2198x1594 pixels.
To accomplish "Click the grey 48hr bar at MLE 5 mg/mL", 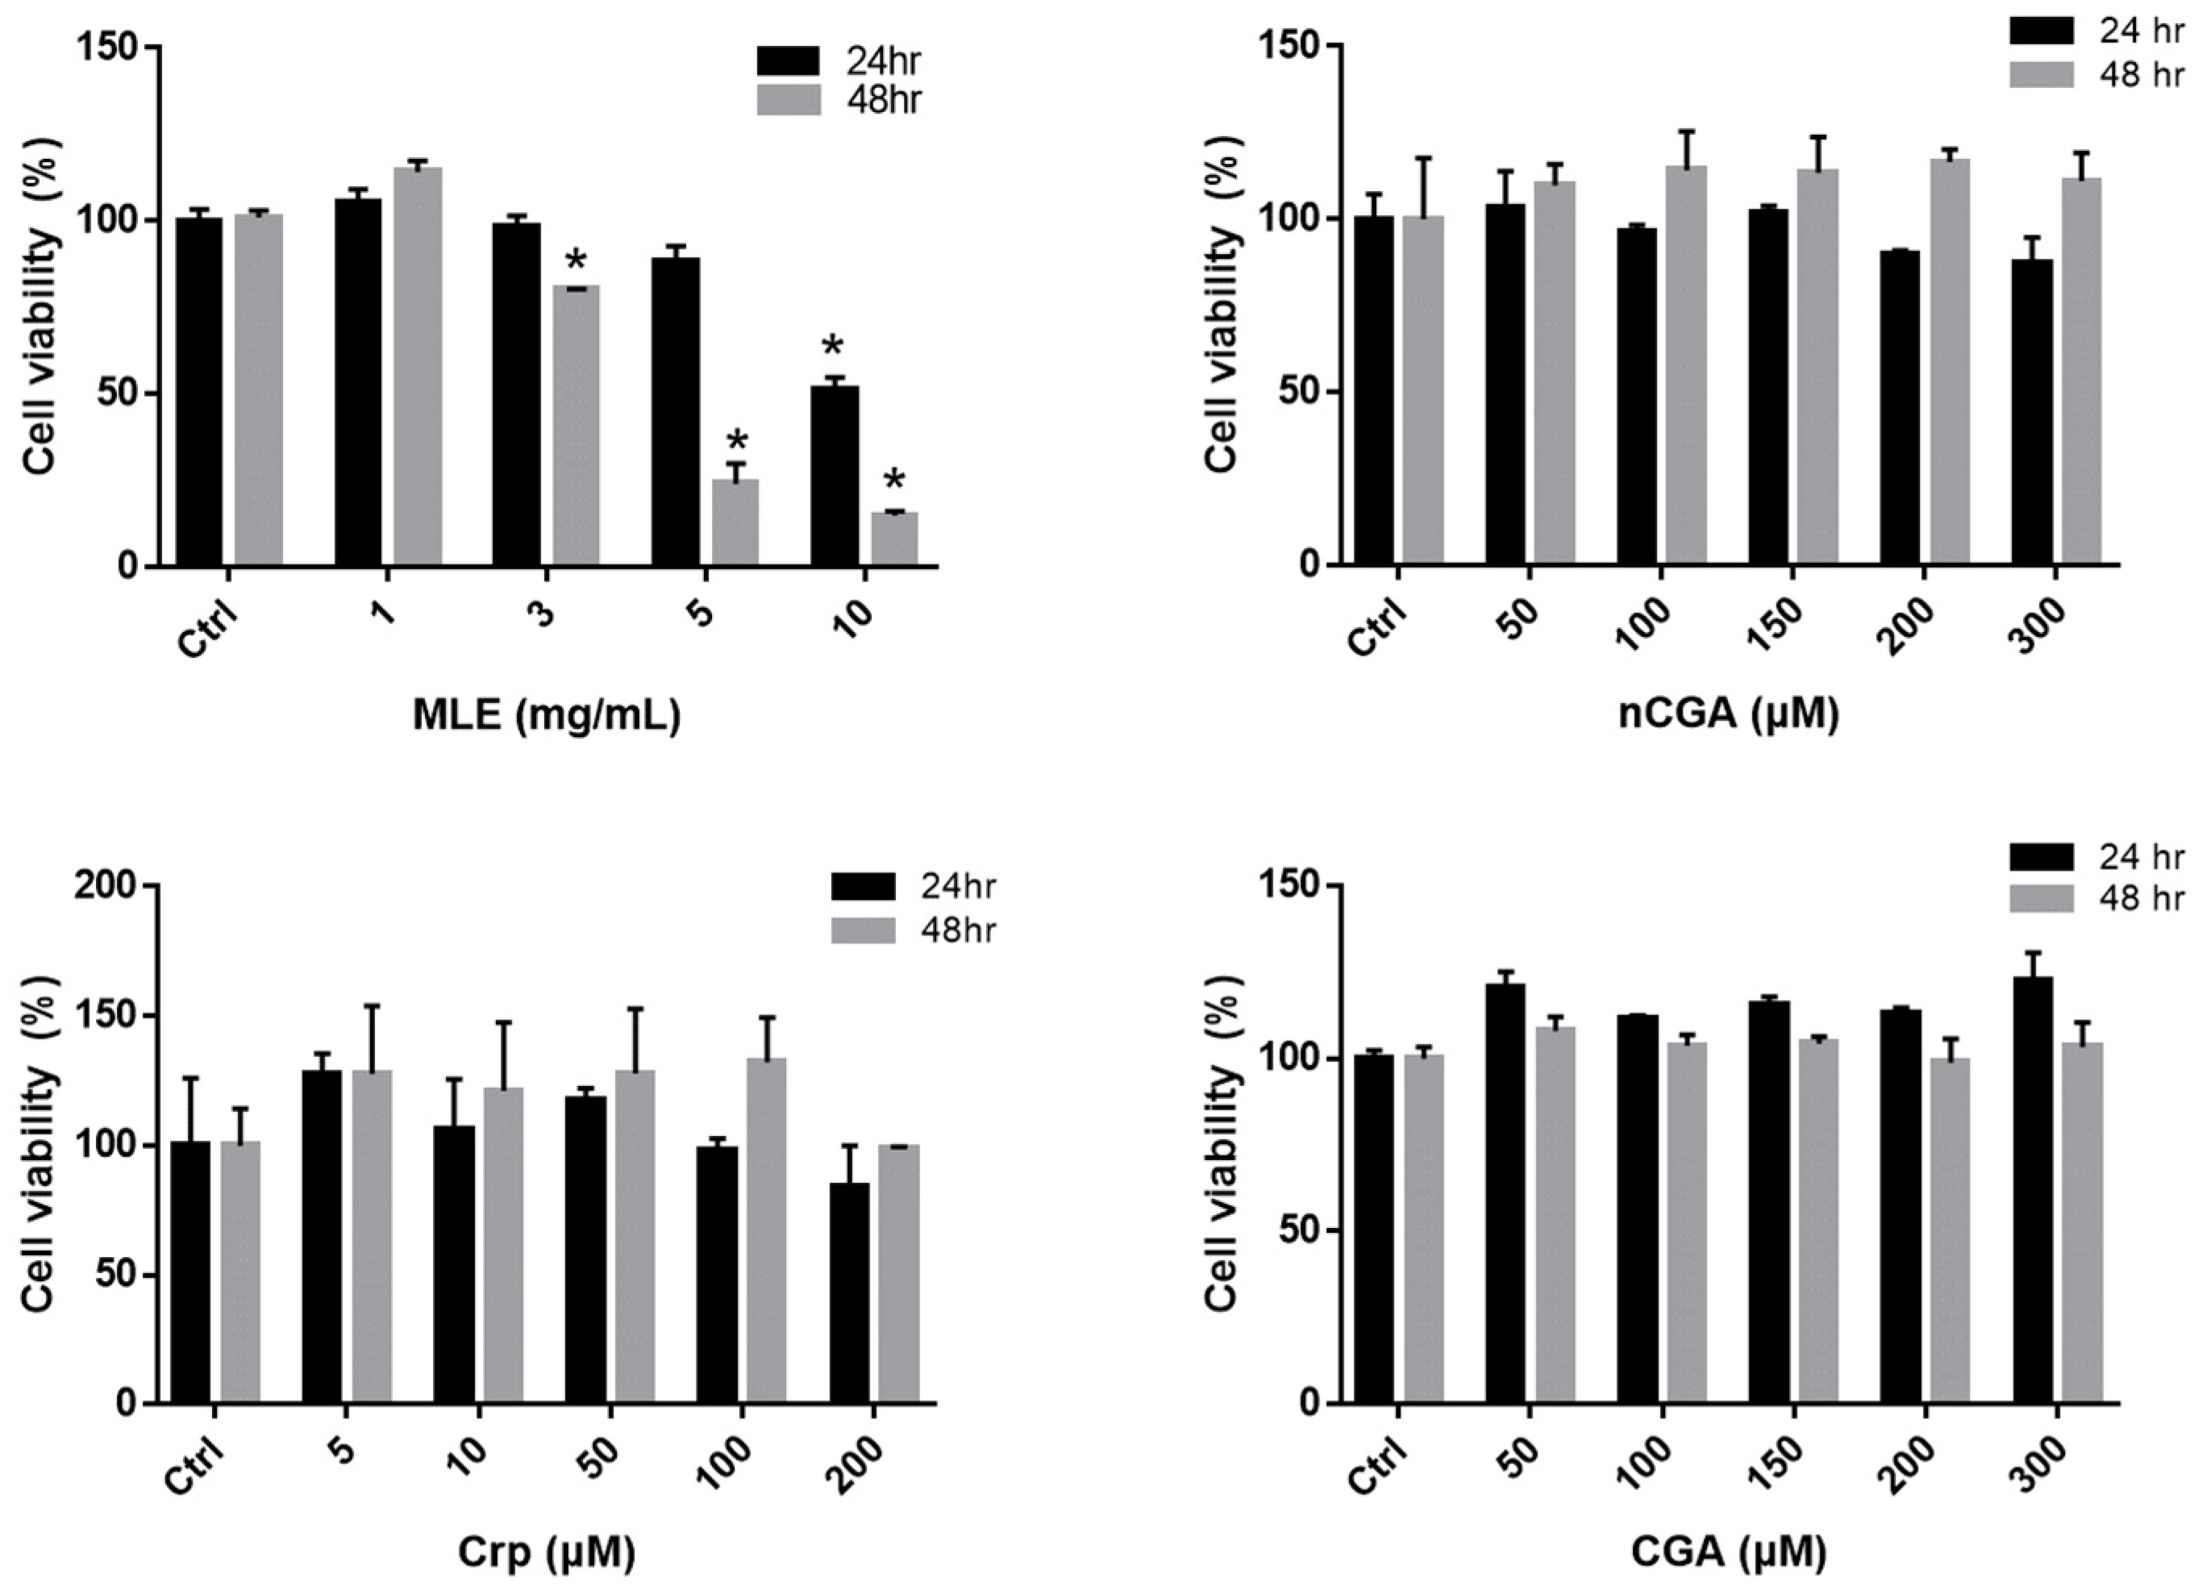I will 735,523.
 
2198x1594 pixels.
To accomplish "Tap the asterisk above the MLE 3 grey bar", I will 577,261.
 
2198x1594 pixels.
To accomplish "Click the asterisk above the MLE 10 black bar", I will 832,348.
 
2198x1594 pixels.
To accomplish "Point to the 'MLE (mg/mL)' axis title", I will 547,715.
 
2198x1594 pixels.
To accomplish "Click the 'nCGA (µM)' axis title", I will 1729,714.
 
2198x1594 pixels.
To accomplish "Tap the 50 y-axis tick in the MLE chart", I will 116,393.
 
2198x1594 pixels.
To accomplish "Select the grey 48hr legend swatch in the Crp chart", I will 863,930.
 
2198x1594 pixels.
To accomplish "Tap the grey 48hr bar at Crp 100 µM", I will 767,1230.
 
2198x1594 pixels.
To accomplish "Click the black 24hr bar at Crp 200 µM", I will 849,1293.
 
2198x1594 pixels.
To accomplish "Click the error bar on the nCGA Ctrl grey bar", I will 1422,184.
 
